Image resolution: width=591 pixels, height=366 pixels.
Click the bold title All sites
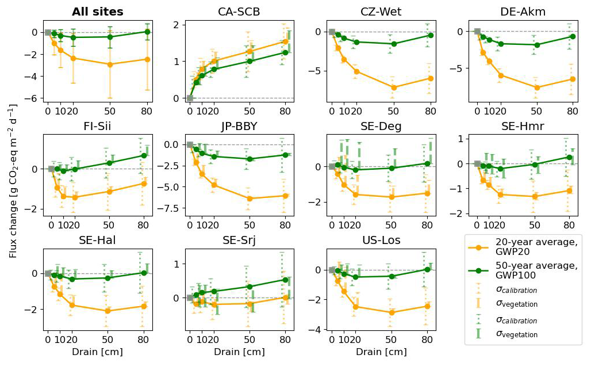tap(97, 12)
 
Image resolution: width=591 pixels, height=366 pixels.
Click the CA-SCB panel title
tap(241, 12)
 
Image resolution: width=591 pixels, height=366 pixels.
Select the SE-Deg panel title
tap(381, 126)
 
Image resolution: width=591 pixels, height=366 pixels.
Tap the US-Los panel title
tap(381, 240)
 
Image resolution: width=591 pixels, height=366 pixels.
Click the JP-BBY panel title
tap(241, 126)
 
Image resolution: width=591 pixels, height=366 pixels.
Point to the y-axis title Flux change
tap(13, 180)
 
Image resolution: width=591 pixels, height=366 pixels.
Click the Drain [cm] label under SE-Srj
tap(241, 352)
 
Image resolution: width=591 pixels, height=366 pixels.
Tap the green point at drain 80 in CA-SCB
tap(285, 52)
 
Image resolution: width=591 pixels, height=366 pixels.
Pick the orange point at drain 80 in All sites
tap(147, 59)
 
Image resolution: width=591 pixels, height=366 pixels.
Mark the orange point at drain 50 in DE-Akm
tap(536, 87)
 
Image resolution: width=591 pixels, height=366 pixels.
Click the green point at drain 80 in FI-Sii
tap(144, 155)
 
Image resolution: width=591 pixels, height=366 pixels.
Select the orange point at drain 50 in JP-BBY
tap(250, 199)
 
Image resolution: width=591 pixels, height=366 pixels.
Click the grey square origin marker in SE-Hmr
tap(477, 163)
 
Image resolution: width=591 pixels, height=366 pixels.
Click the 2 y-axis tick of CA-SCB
tap(179, 24)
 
